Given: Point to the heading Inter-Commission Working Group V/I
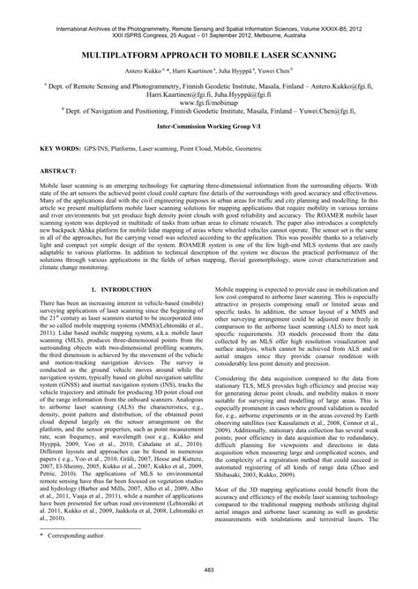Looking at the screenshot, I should coord(209,126).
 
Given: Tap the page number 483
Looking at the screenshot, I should coord(209,574).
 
